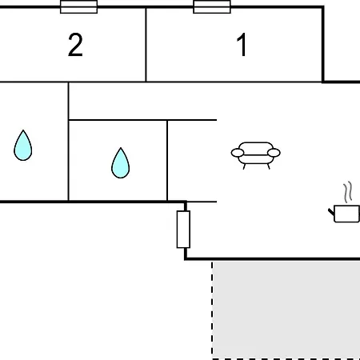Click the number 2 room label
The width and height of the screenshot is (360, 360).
75,45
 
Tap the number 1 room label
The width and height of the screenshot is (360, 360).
242,45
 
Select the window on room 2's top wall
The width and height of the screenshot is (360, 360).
78,6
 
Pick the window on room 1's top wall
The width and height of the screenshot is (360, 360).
212,6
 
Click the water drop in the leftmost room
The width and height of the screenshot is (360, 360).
23,146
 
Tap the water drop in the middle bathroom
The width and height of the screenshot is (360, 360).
121,163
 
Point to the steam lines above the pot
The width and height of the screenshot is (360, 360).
348,191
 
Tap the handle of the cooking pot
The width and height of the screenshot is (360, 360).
331,212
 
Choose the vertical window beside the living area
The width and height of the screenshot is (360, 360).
183,230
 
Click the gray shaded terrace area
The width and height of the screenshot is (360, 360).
286,310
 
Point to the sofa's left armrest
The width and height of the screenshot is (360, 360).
238,153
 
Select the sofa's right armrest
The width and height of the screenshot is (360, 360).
274,153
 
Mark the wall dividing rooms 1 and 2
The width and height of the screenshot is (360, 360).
146,45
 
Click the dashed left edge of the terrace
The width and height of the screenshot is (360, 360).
212,310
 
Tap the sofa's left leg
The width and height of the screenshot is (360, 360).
244,166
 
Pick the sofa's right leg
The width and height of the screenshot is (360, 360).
269,166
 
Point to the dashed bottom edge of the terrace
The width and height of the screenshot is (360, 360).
286,358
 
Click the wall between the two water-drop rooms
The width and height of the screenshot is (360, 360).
68,142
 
